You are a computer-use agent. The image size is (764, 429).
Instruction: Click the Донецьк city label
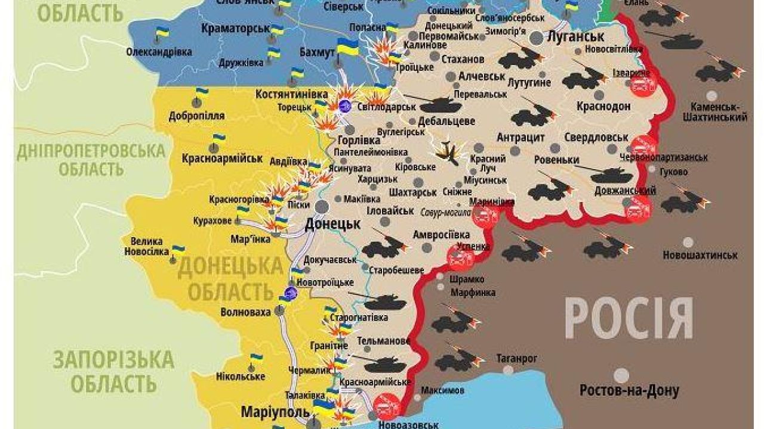click(332, 224)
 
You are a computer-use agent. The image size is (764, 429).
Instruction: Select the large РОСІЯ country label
click(629, 318)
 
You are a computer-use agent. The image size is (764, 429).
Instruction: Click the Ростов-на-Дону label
click(621, 391)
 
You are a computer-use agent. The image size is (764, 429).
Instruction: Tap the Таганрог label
click(517, 358)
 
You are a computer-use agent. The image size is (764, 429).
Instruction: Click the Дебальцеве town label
click(446, 121)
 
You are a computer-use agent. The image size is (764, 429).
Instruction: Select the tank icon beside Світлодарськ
click(440, 105)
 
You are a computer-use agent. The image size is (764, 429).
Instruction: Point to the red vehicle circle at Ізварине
click(643, 84)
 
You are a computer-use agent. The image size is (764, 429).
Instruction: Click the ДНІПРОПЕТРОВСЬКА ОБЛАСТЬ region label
click(90, 159)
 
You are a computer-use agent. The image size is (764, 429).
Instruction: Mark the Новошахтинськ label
click(700, 255)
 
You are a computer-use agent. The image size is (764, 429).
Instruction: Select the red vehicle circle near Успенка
click(460, 259)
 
